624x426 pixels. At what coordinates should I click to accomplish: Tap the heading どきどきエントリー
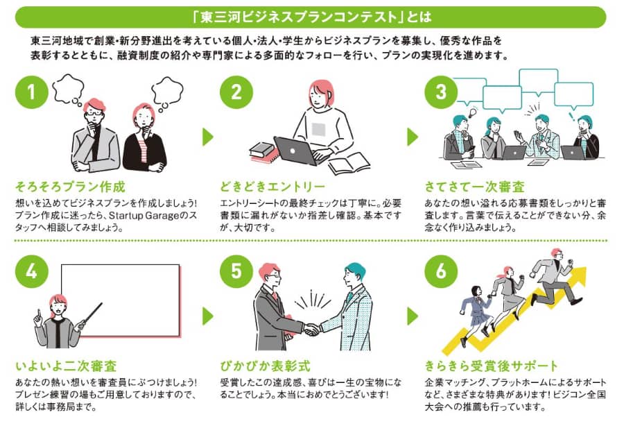tap(272, 187)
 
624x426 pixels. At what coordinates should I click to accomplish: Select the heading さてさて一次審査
tap(474, 187)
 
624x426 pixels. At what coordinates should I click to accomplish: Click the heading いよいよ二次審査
tap(65, 366)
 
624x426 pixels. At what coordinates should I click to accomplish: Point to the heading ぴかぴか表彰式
tap(265, 366)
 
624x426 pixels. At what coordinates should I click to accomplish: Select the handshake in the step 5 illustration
tap(312, 329)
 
